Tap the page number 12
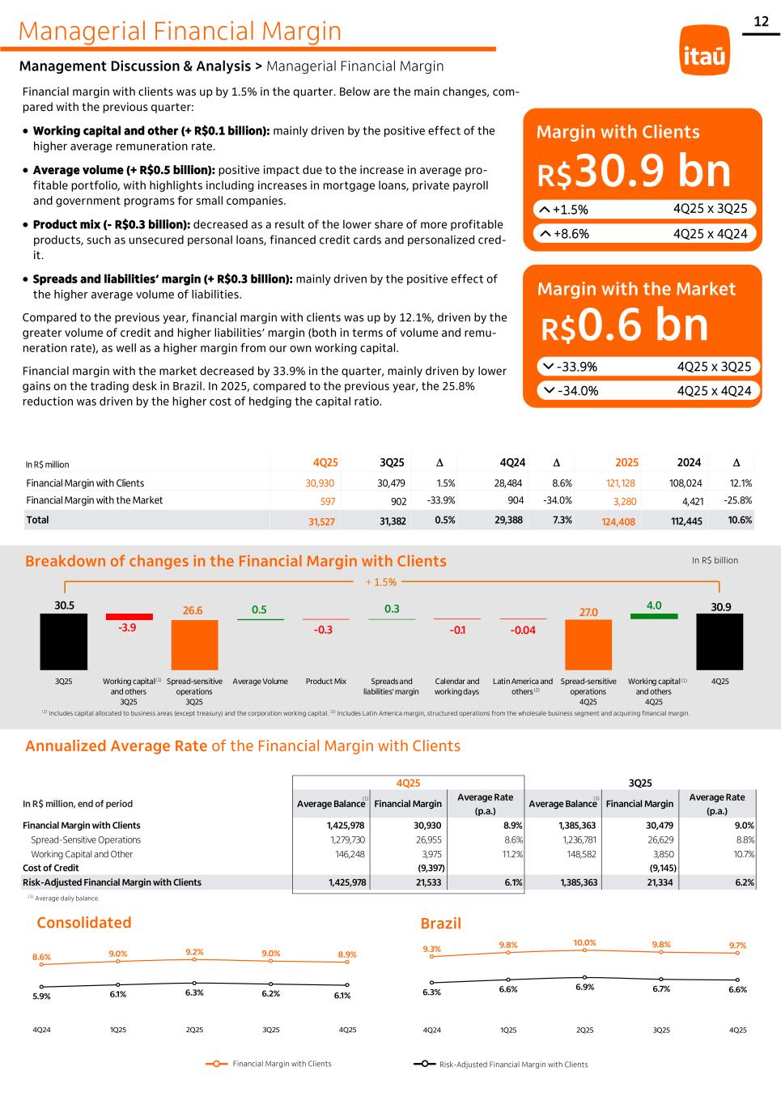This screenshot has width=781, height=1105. (x=761, y=22)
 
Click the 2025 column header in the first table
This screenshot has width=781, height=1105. (x=626, y=462)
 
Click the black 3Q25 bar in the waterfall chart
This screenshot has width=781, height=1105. (x=64, y=641)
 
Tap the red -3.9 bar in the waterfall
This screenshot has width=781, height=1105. (x=129, y=617)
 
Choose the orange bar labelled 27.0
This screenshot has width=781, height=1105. (x=588, y=644)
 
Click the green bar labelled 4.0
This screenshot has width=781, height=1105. (x=654, y=616)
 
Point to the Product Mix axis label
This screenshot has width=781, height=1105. (x=326, y=682)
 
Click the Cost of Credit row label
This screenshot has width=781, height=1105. (x=50, y=868)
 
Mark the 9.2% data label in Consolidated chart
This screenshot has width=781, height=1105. (x=194, y=952)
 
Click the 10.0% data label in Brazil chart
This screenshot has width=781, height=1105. (x=584, y=942)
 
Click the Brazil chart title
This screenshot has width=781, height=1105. (x=441, y=923)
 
